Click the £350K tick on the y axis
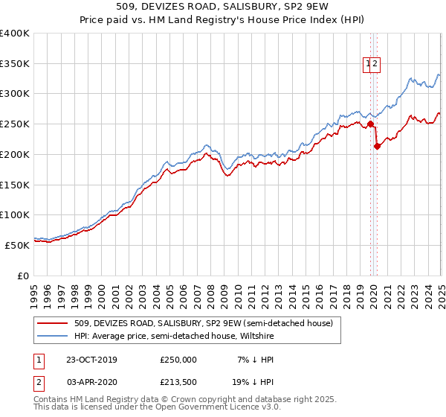[15, 64]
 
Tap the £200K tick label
[15, 154]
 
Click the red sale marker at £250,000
[370, 124]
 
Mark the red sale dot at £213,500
[377, 146]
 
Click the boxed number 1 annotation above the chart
[367, 64]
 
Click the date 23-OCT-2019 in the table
[91, 360]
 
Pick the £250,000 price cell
[178, 360]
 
